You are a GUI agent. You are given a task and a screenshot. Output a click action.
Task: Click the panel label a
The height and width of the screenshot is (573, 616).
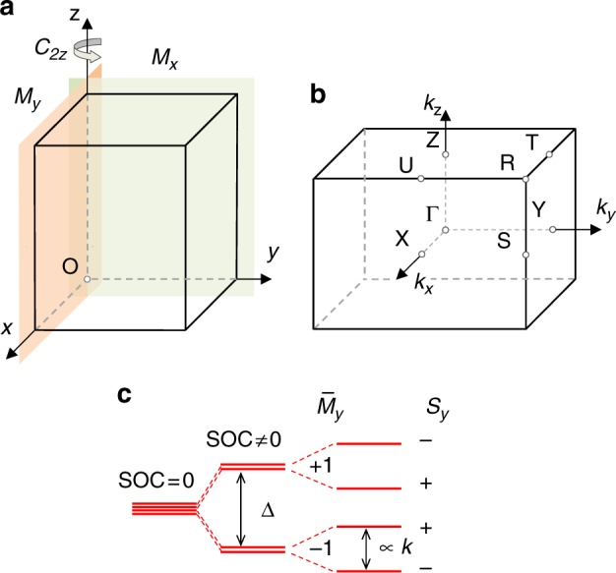(x=11, y=13)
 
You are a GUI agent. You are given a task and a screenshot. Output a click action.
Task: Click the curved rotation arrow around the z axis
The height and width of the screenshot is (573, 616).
(x=88, y=54)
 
